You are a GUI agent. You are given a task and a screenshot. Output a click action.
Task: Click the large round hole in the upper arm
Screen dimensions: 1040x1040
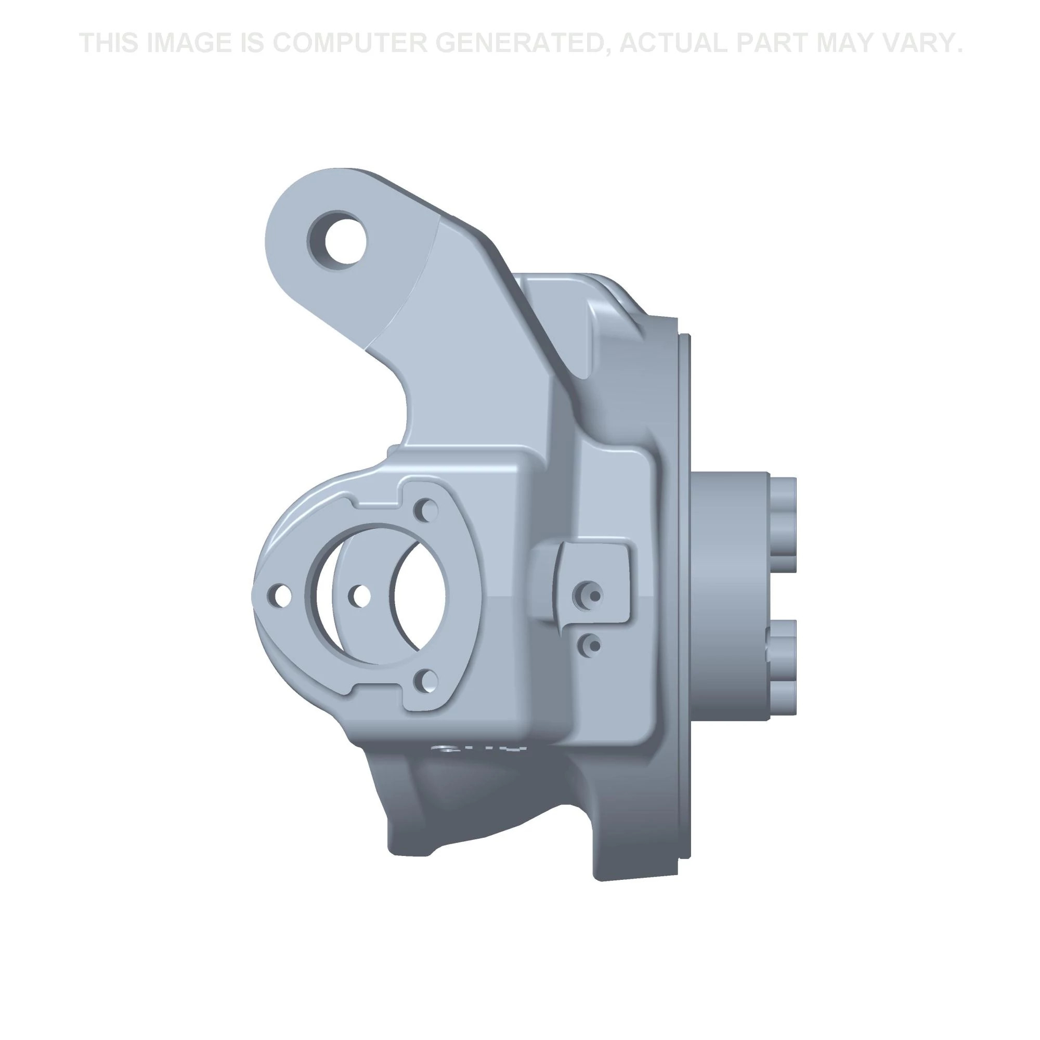337,238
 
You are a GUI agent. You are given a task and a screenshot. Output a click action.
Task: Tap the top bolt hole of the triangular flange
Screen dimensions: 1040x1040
429,509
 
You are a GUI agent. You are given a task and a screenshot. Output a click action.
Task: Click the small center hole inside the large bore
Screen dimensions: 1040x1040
360,595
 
